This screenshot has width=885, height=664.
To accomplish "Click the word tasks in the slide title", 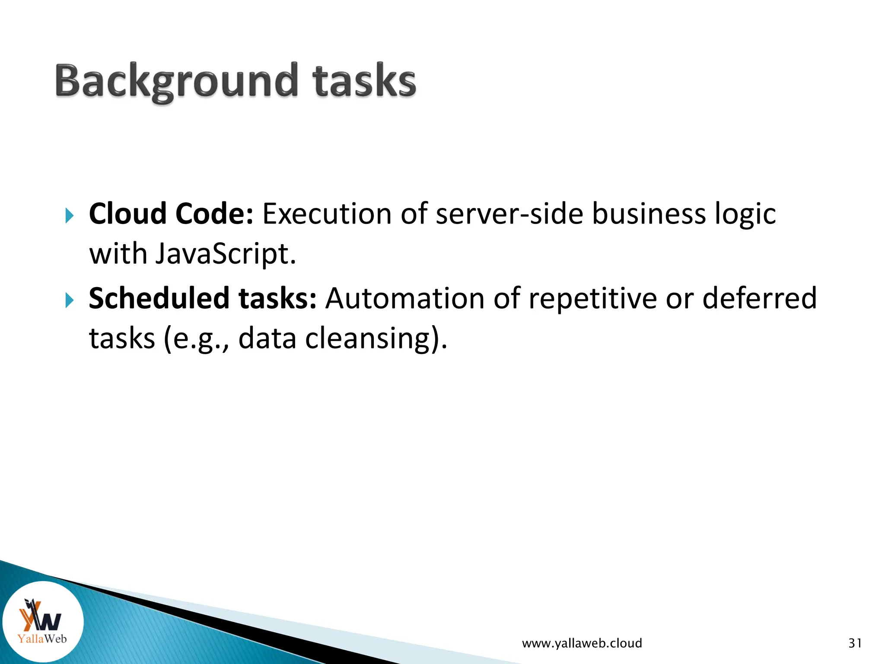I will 364,81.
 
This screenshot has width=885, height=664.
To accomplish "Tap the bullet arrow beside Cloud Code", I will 70,215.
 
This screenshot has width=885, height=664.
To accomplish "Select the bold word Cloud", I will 127,214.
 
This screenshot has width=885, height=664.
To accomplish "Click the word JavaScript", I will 225,254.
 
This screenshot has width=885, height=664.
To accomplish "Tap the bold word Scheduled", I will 159,298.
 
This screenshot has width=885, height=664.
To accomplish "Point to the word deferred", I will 759,298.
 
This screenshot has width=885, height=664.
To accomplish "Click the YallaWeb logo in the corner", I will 42,622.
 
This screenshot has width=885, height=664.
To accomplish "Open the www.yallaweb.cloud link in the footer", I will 582,643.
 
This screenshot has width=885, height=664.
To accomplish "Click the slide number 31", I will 855,643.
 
